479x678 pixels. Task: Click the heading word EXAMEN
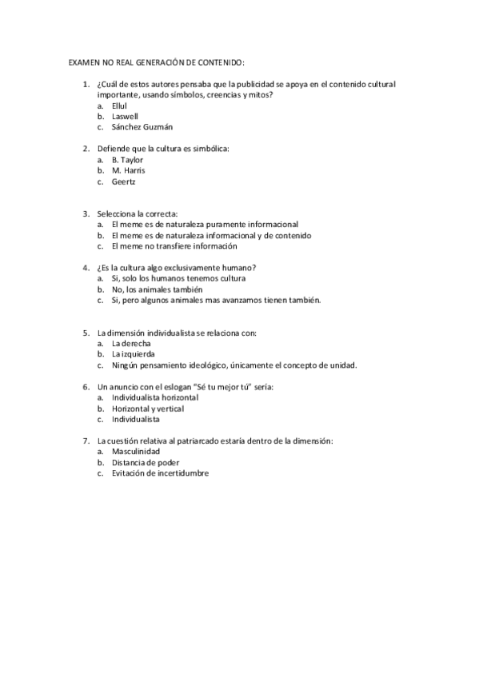82,62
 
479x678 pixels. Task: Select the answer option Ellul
120,106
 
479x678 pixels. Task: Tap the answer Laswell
126,116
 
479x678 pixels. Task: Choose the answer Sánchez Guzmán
142,126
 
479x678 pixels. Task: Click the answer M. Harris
129,170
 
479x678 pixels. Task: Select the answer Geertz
124,181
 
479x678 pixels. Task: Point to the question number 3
86,214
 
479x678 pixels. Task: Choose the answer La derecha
131,343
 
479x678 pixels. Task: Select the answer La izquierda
134,354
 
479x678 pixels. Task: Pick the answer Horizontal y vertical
148,409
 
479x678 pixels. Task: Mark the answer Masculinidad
136,452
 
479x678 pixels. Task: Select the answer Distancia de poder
146,462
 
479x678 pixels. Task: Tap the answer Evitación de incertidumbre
160,473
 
